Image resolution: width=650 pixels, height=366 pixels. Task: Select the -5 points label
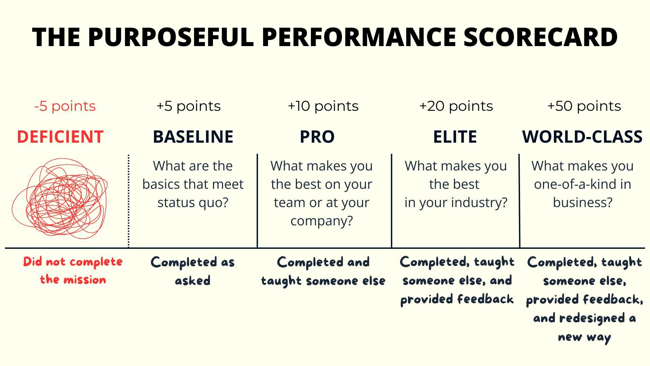[65, 106]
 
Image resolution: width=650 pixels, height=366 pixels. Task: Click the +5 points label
[189, 106]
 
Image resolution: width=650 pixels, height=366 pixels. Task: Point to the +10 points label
[323, 106]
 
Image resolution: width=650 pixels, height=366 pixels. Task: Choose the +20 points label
[456, 106]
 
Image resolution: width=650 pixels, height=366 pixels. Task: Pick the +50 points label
[584, 106]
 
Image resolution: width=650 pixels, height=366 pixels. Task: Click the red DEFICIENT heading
[60, 137]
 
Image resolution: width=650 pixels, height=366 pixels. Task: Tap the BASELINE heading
[193, 137]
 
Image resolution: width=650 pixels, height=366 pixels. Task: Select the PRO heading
[317, 137]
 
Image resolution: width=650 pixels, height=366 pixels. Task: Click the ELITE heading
[455, 137]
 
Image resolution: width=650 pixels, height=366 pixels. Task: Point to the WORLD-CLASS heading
[582, 137]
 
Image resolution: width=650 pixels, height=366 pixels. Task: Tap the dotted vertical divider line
[129, 201]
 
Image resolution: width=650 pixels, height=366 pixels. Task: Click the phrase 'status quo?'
[193, 203]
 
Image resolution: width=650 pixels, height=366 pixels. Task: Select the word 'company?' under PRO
[322, 221]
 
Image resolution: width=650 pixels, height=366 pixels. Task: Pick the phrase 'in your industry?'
[456, 203]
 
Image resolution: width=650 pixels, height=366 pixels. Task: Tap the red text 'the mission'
[73, 280]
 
